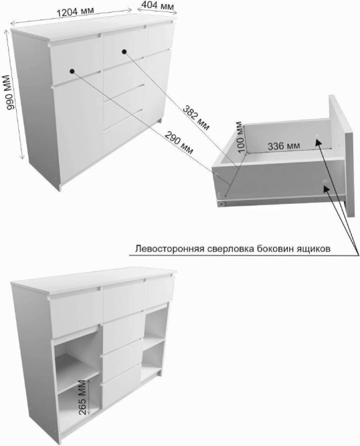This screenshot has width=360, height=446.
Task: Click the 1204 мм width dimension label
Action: click(x=75, y=12)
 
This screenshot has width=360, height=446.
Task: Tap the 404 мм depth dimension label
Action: click(x=157, y=5)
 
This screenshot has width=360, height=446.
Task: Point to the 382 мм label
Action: click(x=196, y=118)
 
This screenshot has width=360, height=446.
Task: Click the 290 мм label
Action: click(x=179, y=142)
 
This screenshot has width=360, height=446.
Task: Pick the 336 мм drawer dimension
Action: click(x=284, y=146)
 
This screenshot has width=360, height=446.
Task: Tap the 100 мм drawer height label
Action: click(x=240, y=137)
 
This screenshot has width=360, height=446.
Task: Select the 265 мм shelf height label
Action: click(x=82, y=397)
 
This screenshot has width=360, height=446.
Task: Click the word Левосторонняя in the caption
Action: click(x=169, y=249)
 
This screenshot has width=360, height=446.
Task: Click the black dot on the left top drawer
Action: click(x=72, y=71)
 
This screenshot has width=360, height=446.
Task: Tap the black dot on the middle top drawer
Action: click(x=124, y=51)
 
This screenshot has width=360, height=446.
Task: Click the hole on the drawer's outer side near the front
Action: click(x=326, y=183)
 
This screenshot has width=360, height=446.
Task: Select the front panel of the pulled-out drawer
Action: click(x=341, y=156)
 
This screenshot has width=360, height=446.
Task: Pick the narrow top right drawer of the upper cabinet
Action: click(x=160, y=37)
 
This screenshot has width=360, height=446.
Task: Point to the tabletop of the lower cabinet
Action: click(x=94, y=281)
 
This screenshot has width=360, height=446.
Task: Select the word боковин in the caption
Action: click(x=275, y=249)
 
